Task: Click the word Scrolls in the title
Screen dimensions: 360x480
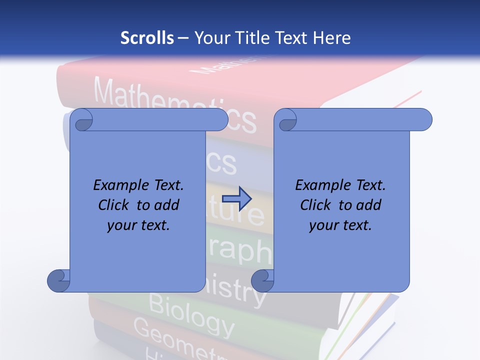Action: (147, 38)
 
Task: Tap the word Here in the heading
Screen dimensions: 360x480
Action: (332, 38)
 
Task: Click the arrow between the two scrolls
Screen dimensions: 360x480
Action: (236, 199)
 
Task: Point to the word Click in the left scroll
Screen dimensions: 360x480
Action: (115, 205)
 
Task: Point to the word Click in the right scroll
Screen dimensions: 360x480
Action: (317, 205)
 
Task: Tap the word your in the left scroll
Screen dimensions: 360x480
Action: (122, 225)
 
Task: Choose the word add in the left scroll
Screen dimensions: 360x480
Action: (166, 205)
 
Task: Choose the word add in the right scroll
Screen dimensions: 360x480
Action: (368, 205)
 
